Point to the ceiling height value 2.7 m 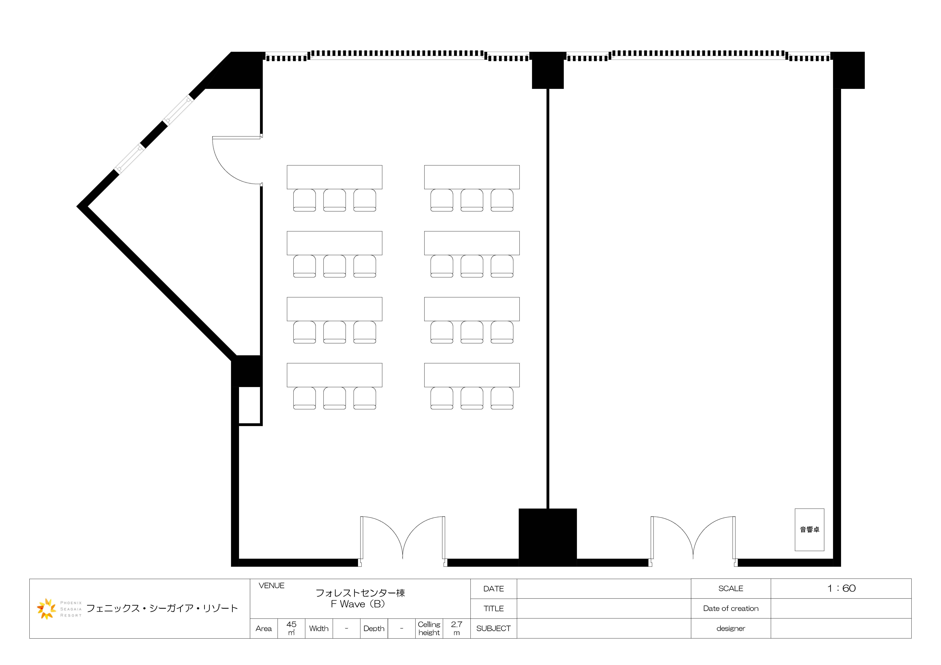click(x=457, y=628)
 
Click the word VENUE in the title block click(x=271, y=585)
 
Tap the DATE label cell click(x=494, y=589)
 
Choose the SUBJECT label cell click(x=494, y=628)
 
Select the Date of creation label click(x=731, y=608)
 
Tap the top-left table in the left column click(x=334, y=177)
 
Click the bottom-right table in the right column click(x=472, y=375)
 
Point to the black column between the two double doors click(x=548, y=537)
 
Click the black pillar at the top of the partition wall click(x=548, y=70)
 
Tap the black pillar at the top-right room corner click(x=848, y=70)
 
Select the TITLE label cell click(x=494, y=608)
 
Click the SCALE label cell click(x=731, y=588)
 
